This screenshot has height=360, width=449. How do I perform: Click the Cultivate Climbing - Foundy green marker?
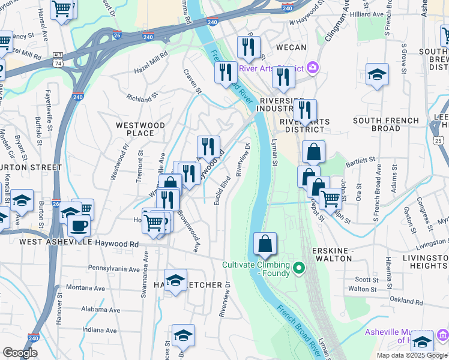pos(301,268)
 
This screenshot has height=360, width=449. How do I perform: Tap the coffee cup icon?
pos(79,226)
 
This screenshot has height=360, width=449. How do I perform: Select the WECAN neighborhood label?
pos(291,47)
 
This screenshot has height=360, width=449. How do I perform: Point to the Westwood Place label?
pos(140,129)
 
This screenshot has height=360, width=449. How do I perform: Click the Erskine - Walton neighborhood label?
pos(331,254)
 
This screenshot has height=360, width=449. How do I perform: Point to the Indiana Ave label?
pos(100,330)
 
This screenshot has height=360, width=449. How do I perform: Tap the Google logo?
pos(20,353)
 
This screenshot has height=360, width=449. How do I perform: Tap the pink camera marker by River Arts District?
pos(312,67)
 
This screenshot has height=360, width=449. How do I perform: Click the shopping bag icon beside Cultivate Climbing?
pos(265,244)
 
